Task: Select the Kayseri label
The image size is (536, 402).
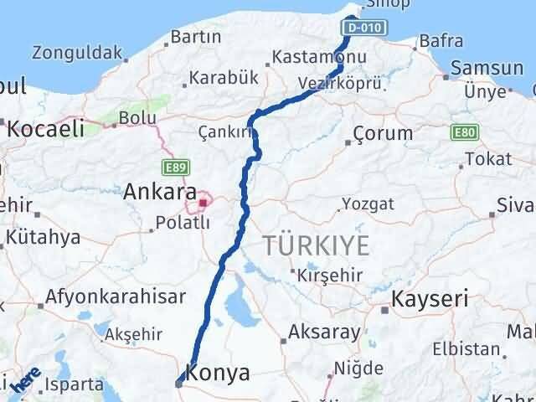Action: [x=431, y=297]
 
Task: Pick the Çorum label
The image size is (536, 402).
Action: [x=383, y=133]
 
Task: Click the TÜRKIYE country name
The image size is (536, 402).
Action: [x=316, y=245]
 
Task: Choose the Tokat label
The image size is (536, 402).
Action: [x=489, y=158]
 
